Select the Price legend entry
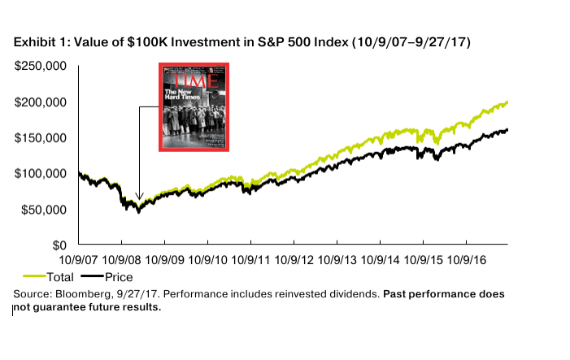107,277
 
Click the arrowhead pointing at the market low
139,197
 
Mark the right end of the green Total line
507,102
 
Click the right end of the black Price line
507,129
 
